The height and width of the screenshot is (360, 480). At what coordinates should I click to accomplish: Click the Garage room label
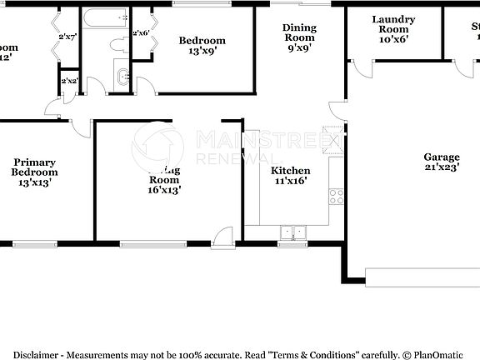pyautogui.click(x=442, y=157)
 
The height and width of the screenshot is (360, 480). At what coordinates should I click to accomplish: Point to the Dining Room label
pyautogui.click(x=299, y=32)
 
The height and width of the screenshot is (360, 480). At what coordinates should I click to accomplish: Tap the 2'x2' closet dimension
pyautogui.click(x=68, y=81)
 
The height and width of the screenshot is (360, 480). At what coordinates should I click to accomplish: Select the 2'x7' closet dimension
pyautogui.click(x=67, y=37)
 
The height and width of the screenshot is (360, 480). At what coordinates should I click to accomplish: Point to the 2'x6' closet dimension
pyautogui.click(x=141, y=33)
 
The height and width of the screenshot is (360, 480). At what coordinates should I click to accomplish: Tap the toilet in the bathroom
pyautogui.click(x=117, y=45)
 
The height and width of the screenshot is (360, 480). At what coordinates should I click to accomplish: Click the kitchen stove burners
pyautogui.click(x=337, y=197)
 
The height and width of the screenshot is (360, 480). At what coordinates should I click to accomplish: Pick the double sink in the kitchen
pyautogui.click(x=292, y=232)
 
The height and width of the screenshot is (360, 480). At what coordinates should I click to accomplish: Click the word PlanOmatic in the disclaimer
pyautogui.click(x=439, y=354)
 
